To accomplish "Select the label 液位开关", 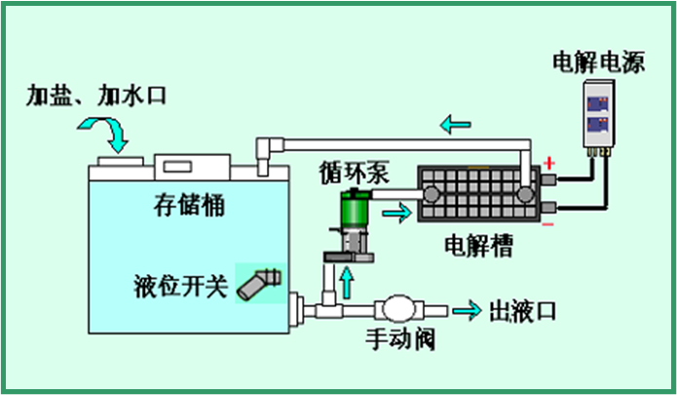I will tap(180, 288).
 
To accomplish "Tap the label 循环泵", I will tap(355, 174).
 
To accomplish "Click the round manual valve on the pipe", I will tap(398, 310).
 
